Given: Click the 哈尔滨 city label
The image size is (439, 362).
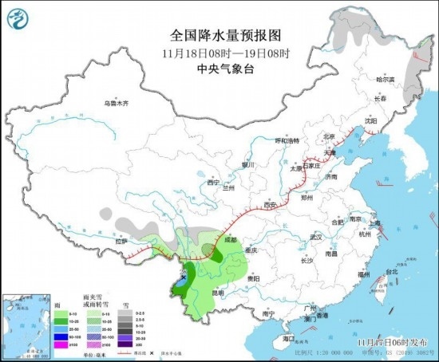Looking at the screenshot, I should tap(386, 79).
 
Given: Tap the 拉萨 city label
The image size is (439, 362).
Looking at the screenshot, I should tap(121, 240).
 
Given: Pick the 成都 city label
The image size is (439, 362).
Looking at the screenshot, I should tap(230, 238).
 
